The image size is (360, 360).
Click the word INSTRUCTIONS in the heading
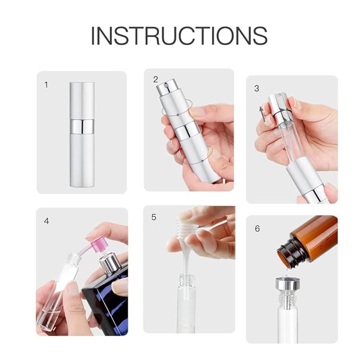click(x=179, y=35)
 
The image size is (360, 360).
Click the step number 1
click(x=46, y=85)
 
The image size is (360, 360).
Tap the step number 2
click(x=155, y=80)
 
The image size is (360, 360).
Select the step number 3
click(x=257, y=88)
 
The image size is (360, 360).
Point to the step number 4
click(x=46, y=221)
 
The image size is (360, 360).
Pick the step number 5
click(x=154, y=217)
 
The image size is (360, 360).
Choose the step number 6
click(x=257, y=229)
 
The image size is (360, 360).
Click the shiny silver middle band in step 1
click(x=82, y=126)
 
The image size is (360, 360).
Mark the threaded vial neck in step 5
click(x=187, y=280)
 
